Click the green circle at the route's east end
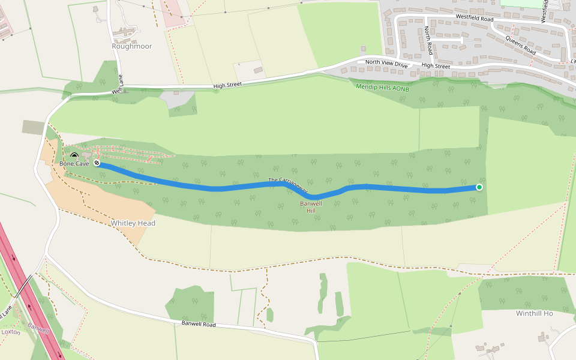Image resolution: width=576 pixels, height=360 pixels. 479,187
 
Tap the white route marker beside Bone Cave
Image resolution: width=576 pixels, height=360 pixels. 97,163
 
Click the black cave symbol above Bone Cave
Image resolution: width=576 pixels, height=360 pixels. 74,157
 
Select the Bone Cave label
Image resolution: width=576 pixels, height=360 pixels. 74,163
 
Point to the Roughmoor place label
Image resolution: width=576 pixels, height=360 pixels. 132,46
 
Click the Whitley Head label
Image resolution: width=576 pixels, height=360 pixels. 133,223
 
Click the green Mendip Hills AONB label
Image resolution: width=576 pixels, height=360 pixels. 382,88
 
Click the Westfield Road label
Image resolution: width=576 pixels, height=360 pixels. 474,19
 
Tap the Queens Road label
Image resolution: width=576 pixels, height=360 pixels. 520,45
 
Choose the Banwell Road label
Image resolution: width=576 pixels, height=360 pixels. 199,325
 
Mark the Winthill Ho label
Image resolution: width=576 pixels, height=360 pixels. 534,313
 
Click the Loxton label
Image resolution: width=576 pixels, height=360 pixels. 11,332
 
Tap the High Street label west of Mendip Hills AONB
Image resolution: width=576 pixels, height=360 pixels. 227,85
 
